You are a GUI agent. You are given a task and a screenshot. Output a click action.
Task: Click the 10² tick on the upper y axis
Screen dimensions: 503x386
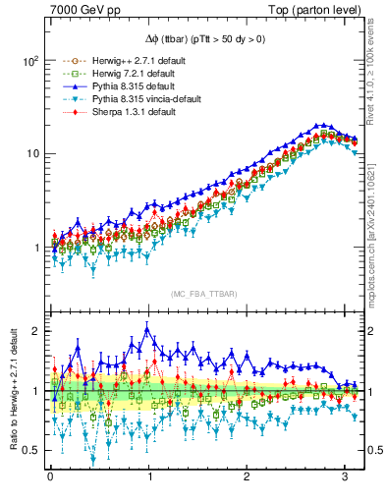[30, 60]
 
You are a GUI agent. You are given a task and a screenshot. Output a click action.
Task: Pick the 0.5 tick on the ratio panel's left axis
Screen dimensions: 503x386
[30, 450]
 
